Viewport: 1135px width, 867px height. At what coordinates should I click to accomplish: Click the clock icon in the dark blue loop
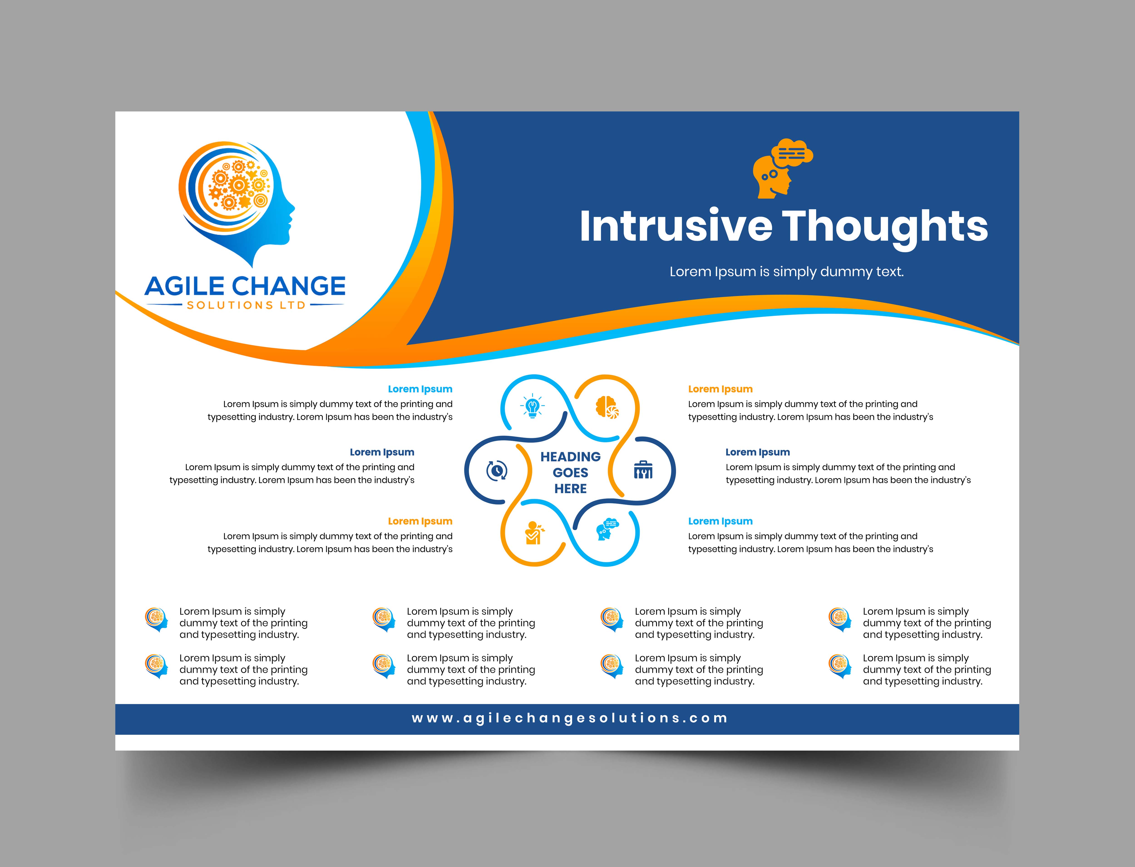point(496,471)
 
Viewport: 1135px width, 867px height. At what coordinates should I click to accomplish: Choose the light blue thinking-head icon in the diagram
point(607,530)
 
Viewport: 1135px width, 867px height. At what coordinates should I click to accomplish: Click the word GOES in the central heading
point(570,473)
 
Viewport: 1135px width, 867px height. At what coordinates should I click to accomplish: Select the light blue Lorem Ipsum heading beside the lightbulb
point(420,389)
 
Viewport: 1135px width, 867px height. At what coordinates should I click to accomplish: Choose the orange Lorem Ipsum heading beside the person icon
point(420,521)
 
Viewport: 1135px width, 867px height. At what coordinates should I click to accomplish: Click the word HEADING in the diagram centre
point(570,457)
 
